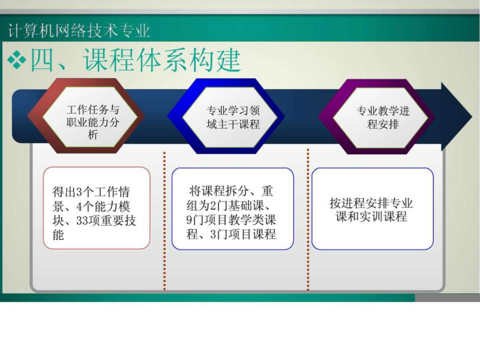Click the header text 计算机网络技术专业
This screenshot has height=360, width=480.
pos(79,30)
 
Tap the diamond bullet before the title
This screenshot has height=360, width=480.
pos(17,60)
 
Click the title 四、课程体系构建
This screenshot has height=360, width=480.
pos(135,60)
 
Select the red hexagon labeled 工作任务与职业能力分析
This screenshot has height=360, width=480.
pos(86,116)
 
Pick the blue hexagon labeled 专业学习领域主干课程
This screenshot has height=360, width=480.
pos(226,116)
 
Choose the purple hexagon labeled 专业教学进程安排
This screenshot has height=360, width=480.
pos(377,117)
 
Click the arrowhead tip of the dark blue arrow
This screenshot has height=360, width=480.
pos(472,117)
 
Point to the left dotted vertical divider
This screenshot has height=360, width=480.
pos(164,220)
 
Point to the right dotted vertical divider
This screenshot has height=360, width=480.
pos(308,220)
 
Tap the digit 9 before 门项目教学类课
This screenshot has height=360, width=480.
pos(189,220)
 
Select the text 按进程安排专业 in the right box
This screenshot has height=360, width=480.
pos(371,203)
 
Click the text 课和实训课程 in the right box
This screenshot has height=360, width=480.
pos(371,217)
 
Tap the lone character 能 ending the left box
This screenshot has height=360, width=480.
pos(58,235)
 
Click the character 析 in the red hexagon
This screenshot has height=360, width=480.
pos(93,134)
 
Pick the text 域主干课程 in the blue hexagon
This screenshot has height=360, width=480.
pos(233,124)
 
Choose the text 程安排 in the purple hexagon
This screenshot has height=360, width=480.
pos(383,124)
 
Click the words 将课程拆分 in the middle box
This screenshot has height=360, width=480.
pos(219,191)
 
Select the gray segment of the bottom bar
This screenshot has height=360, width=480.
pos(447,298)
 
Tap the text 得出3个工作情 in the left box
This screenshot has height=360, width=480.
pos(91,192)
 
